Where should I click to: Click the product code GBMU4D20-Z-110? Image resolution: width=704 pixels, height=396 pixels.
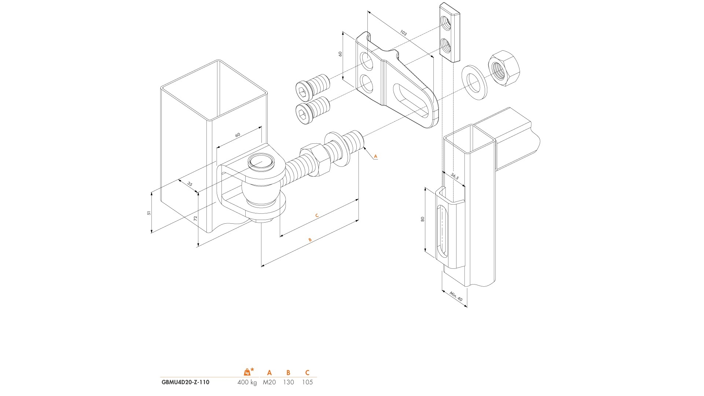pyautogui.click(x=186, y=382)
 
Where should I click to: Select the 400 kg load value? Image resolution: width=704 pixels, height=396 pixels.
pyautogui.click(x=247, y=382)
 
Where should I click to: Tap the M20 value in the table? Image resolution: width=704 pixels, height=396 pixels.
pyautogui.click(x=269, y=382)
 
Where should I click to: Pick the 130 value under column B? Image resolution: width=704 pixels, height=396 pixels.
pyautogui.click(x=289, y=382)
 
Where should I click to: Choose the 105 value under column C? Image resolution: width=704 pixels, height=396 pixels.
pyautogui.click(x=307, y=382)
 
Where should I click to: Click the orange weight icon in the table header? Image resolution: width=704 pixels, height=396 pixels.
pyautogui.click(x=247, y=372)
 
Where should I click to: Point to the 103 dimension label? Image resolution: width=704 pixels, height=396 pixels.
pyautogui.click(x=403, y=33)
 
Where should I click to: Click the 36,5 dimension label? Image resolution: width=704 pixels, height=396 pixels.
pyautogui.click(x=455, y=176)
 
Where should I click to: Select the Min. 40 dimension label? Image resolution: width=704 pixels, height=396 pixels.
pyautogui.click(x=456, y=296)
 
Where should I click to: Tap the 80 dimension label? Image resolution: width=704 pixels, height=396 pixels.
pyautogui.click(x=422, y=219)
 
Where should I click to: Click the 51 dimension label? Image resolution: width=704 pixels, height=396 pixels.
pyautogui.click(x=148, y=213)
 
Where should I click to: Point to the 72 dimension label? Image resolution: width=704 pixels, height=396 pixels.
pyautogui.click(x=195, y=218)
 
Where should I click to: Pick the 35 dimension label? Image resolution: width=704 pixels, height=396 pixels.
pyautogui.click(x=190, y=184)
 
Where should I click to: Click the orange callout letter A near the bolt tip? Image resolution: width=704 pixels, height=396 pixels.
pyautogui.click(x=375, y=156)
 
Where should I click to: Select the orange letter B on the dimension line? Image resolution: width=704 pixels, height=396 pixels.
pyautogui.click(x=310, y=240)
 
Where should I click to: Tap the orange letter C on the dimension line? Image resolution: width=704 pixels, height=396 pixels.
pyautogui.click(x=317, y=216)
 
